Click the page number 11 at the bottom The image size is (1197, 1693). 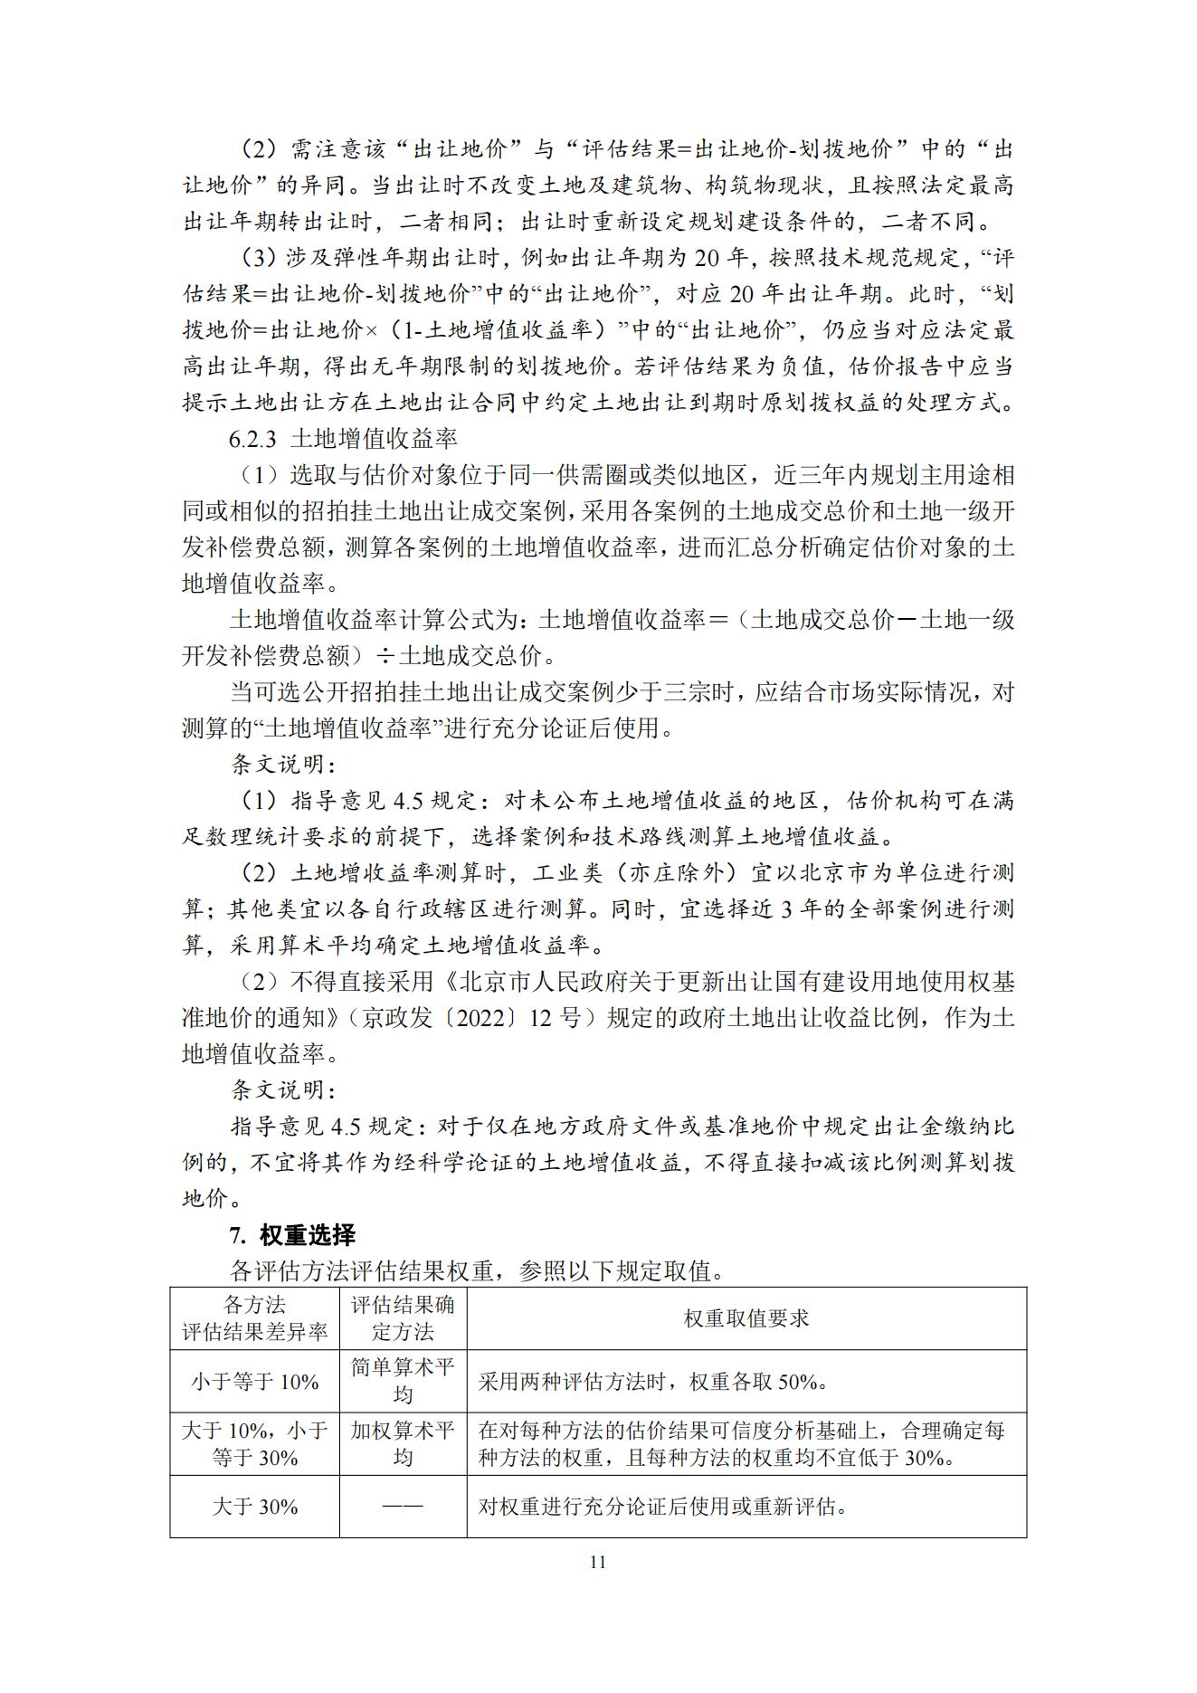click(597, 1562)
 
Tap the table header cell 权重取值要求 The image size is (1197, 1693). click(746, 1318)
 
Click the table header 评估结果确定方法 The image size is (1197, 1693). click(403, 1318)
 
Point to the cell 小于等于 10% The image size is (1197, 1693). click(254, 1382)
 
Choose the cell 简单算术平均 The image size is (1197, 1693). click(403, 1381)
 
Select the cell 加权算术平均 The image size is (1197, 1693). click(403, 1444)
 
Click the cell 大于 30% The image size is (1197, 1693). click(254, 1507)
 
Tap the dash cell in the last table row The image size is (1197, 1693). click(403, 1507)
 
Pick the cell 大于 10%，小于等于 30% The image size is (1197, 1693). click(254, 1444)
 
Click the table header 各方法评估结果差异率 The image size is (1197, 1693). click(254, 1318)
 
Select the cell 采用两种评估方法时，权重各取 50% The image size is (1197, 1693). click(653, 1382)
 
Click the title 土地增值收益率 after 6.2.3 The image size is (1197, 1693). click(374, 439)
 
